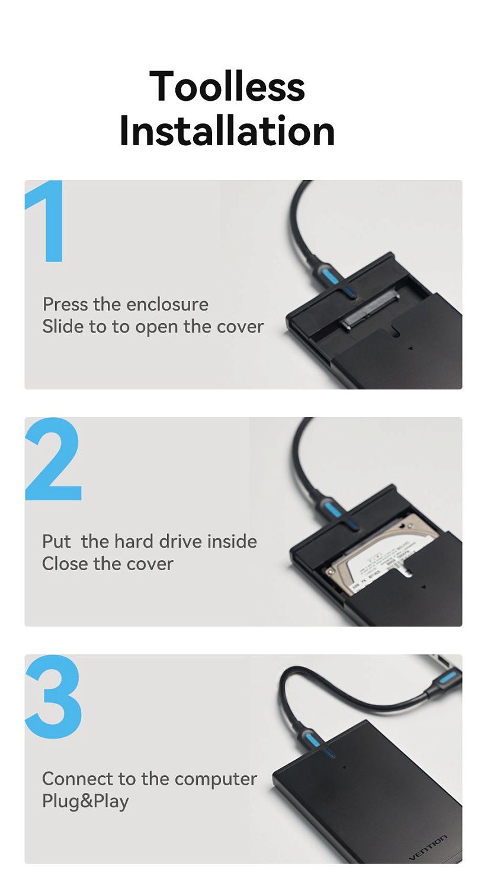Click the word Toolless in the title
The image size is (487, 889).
click(x=227, y=86)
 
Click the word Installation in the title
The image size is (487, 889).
click(x=228, y=130)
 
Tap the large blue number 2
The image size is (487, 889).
click(x=53, y=459)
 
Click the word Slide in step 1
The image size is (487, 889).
click(x=63, y=327)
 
